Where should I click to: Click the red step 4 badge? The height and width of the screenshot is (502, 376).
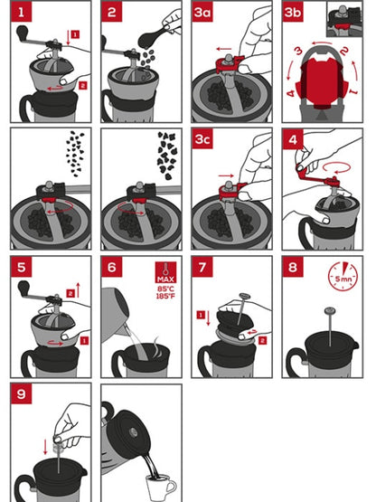pos(295,140)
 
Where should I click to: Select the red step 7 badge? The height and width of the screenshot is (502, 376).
pos(204,269)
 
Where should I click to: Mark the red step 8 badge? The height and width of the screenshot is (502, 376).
pos(295,269)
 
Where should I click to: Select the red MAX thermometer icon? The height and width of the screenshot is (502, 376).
pos(164,272)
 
